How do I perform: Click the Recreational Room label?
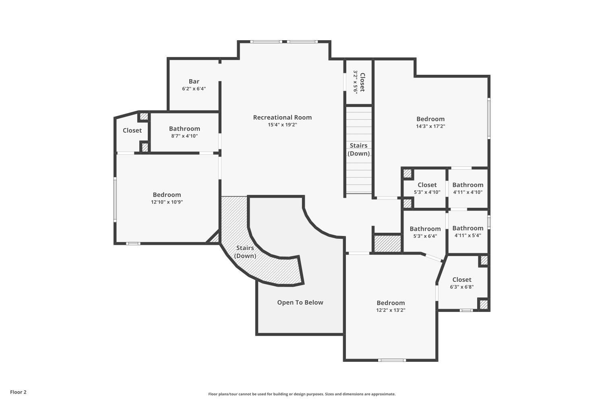pyautogui.click(x=282, y=117)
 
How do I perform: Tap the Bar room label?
pyautogui.click(x=194, y=81)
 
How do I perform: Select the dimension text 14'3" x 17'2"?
pyautogui.click(x=430, y=126)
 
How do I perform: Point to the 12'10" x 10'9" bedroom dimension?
pyautogui.click(x=167, y=202)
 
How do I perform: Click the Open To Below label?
pyautogui.click(x=300, y=302)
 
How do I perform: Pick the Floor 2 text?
pyautogui.click(x=19, y=392)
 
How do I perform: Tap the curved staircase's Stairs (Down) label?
pyautogui.click(x=245, y=252)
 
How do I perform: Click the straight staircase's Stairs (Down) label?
pyautogui.click(x=359, y=150)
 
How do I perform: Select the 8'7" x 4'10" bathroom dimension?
pyautogui.click(x=184, y=136)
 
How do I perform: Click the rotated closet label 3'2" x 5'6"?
pyautogui.click(x=356, y=82)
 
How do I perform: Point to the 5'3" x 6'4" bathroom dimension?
pyautogui.click(x=425, y=236)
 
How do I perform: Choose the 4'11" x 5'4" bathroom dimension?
pyautogui.click(x=468, y=236)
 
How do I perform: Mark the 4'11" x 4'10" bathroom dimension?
pyautogui.click(x=468, y=192)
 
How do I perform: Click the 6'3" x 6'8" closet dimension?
pyautogui.click(x=462, y=287)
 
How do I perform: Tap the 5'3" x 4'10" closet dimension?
pyautogui.click(x=427, y=192)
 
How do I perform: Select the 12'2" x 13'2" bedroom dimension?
pyautogui.click(x=391, y=310)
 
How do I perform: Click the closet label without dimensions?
pyautogui.click(x=132, y=130)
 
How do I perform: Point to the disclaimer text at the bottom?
pyautogui.click(x=302, y=394)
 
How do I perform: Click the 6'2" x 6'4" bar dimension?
pyautogui.click(x=194, y=88)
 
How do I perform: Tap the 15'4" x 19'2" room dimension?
pyautogui.click(x=282, y=125)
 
